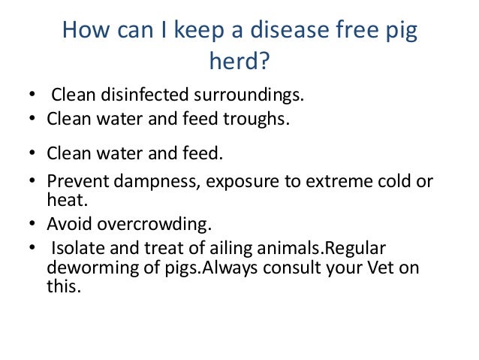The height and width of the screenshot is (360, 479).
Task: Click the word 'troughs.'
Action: (x=257, y=119)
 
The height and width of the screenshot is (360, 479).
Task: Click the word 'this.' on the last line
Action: (x=62, y=286)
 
